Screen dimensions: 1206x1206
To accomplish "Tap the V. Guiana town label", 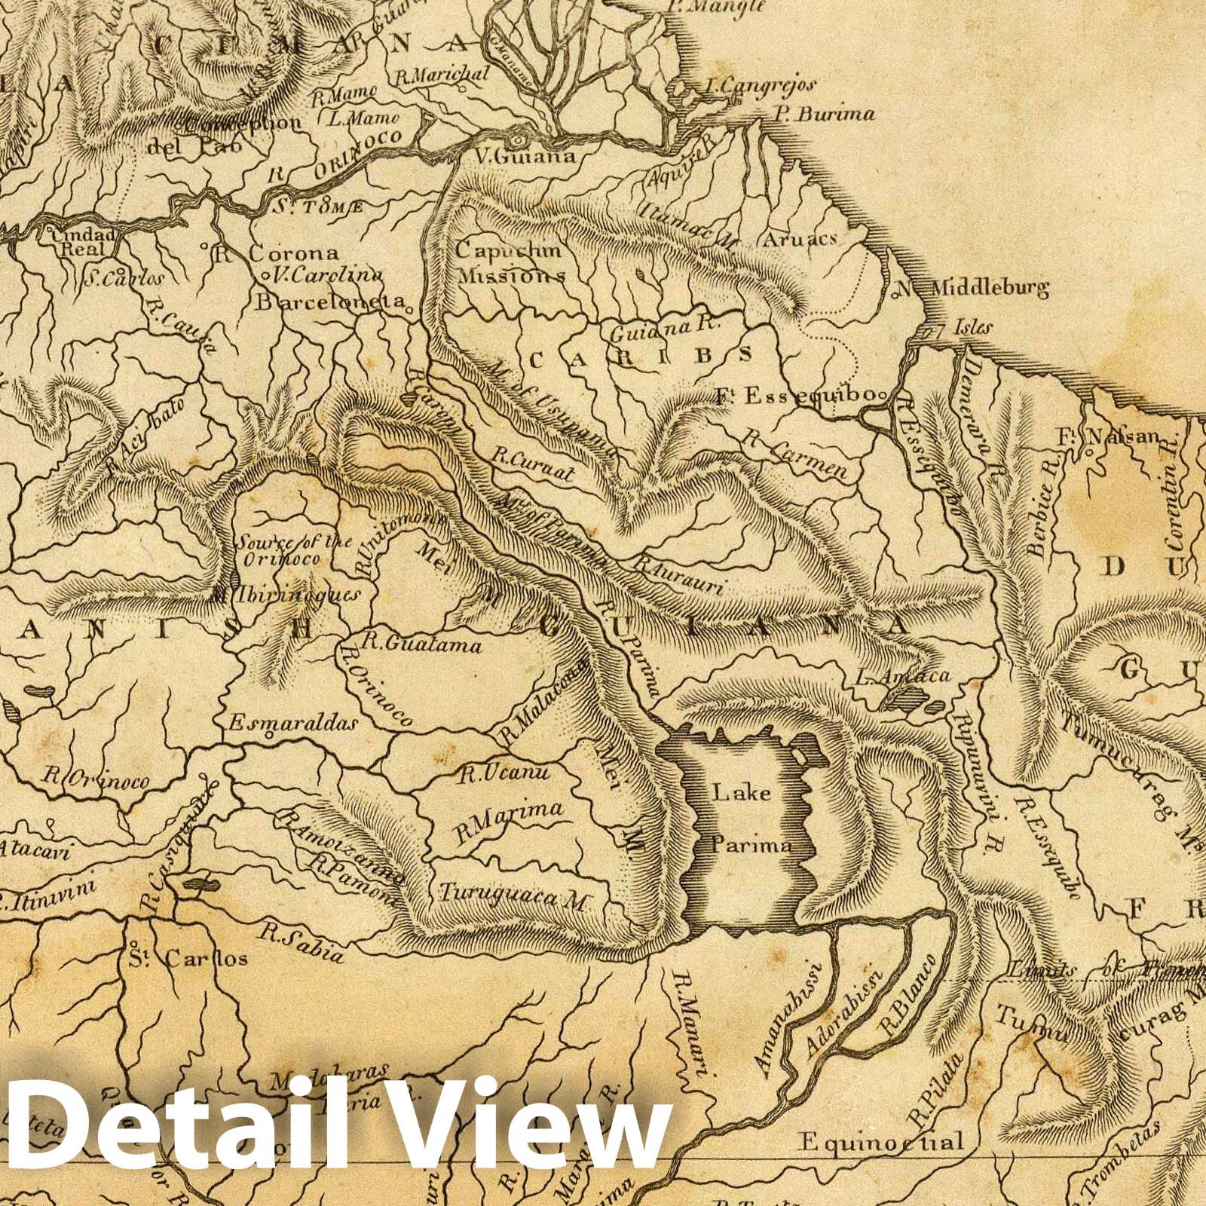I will (x=525, y=157).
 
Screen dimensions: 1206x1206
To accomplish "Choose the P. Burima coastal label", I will (x=824, y=115).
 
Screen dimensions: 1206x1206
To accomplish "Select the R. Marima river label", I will (x=509, y=821).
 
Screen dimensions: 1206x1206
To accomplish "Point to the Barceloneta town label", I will (x=330, y=302).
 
